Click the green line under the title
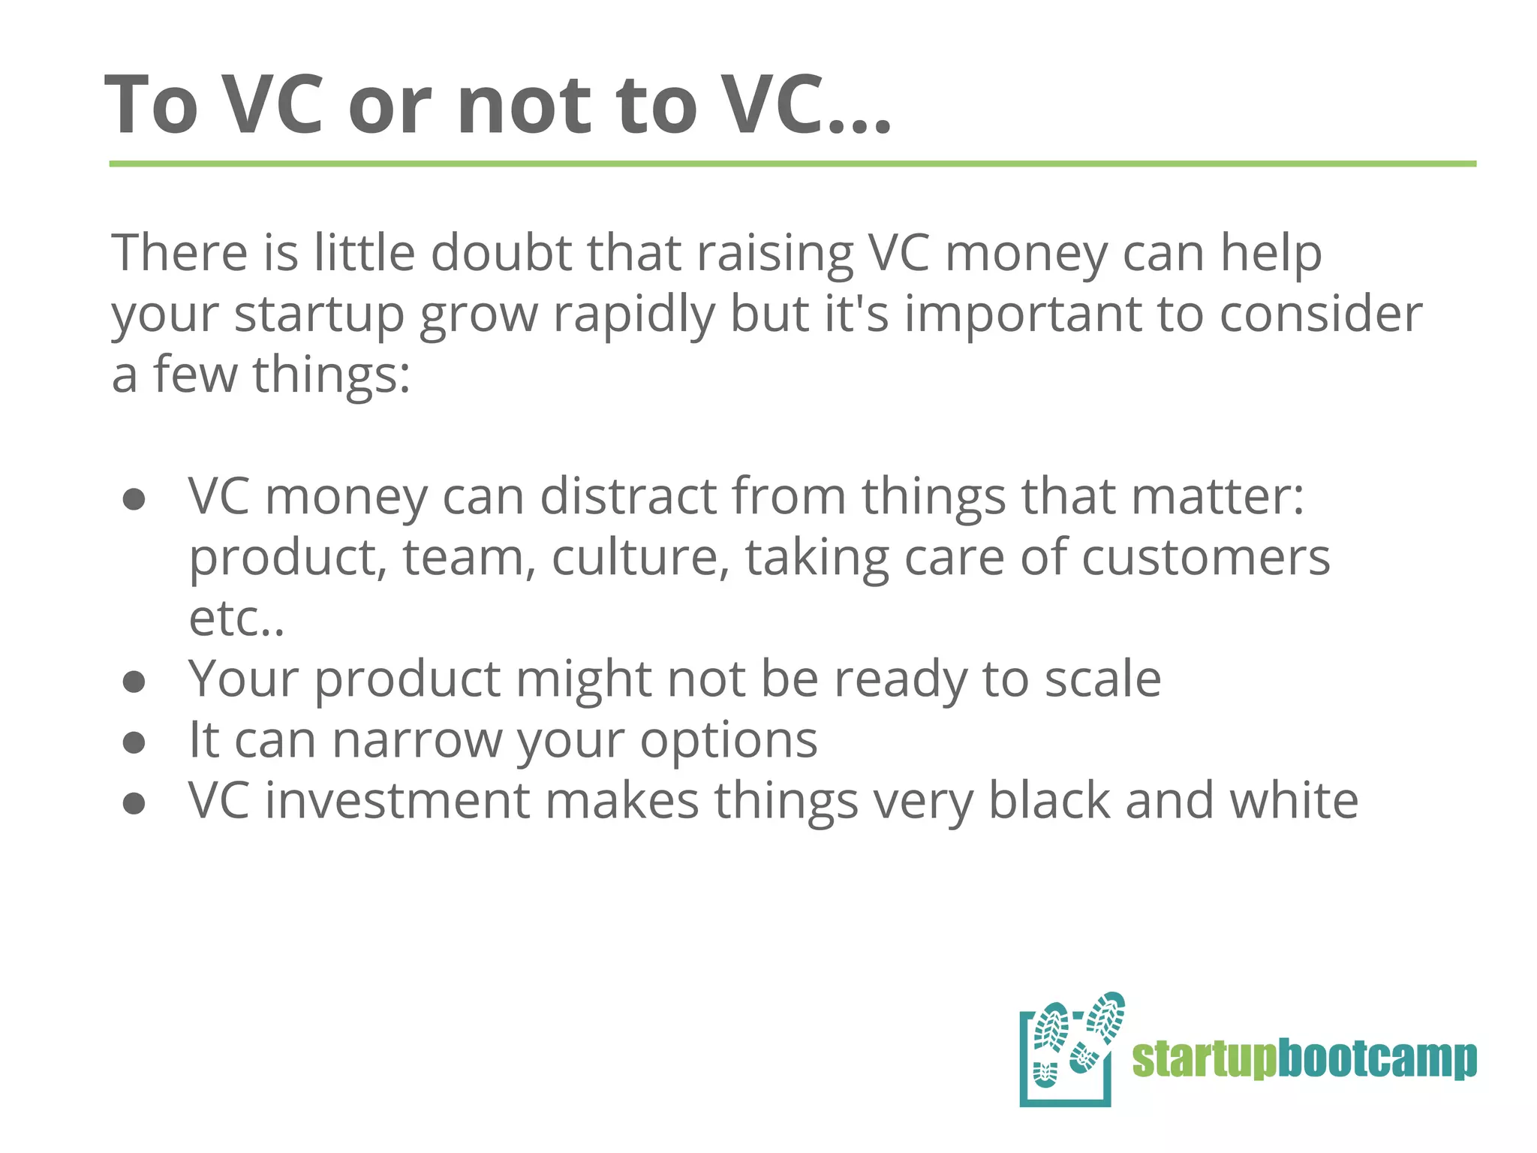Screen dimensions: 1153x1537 tap(793, 164)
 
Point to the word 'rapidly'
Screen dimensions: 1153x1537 tap(634, 314)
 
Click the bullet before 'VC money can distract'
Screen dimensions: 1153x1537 tap(134, 500)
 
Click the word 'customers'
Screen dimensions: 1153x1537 tap(1205, 558)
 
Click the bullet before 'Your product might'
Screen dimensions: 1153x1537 tap(134, 682)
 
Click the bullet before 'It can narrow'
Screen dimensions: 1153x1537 tap(134, 743)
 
